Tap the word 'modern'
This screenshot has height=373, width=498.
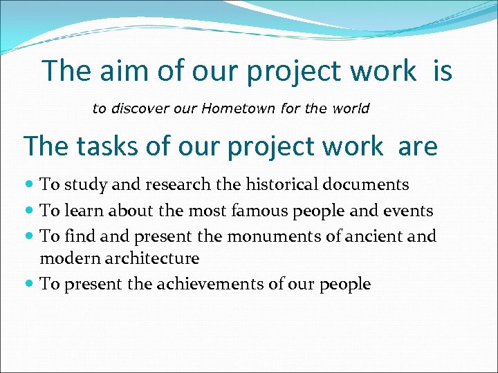(x=64, y=259)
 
